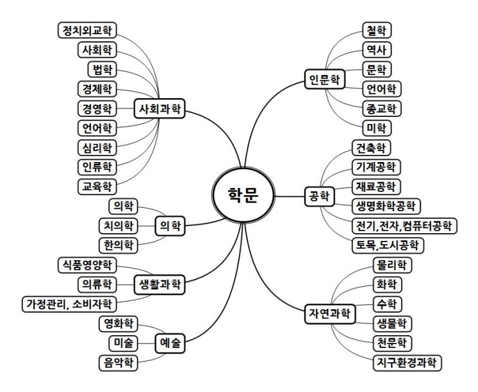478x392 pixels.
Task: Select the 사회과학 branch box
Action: pos(160,108)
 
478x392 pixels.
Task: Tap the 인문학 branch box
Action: pos(325,79)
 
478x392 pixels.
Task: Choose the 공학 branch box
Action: pos(320,196)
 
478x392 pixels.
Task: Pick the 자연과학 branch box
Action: pos(330,314)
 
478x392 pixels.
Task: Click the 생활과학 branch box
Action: pos(160,284)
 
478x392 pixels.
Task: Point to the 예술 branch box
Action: pos(170,343)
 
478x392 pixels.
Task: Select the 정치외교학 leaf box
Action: pos(87,30)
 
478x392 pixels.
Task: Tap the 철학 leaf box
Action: pos(377,30)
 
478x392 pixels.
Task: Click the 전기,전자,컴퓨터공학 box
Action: pos(404,226)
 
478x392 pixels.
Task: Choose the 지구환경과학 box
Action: pos(408,363)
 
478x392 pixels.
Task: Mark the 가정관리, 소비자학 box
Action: pos(70,304)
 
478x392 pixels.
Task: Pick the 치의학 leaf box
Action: pos(119,226)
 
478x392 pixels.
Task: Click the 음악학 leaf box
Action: pos(119,363)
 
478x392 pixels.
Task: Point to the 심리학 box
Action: pos(98,147)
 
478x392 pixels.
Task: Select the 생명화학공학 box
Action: pos(386,207)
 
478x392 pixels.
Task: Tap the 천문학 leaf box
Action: pos(392,343)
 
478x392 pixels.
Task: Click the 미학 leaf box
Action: pos(377,128)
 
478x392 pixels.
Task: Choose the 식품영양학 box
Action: pos(87,265)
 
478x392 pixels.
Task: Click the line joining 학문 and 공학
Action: pos(289,196)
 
